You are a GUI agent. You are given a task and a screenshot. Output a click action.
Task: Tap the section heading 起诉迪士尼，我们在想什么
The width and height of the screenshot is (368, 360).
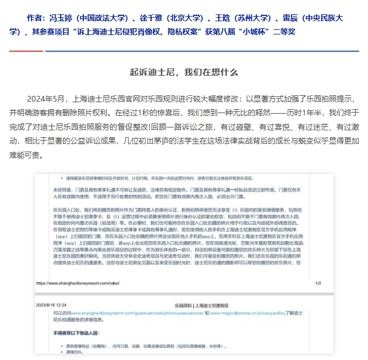click(184, 72)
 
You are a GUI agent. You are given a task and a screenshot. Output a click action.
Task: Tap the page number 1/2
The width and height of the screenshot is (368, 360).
click(318, 283)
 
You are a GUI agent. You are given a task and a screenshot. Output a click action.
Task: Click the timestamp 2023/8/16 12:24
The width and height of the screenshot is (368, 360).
click(52, 305)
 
